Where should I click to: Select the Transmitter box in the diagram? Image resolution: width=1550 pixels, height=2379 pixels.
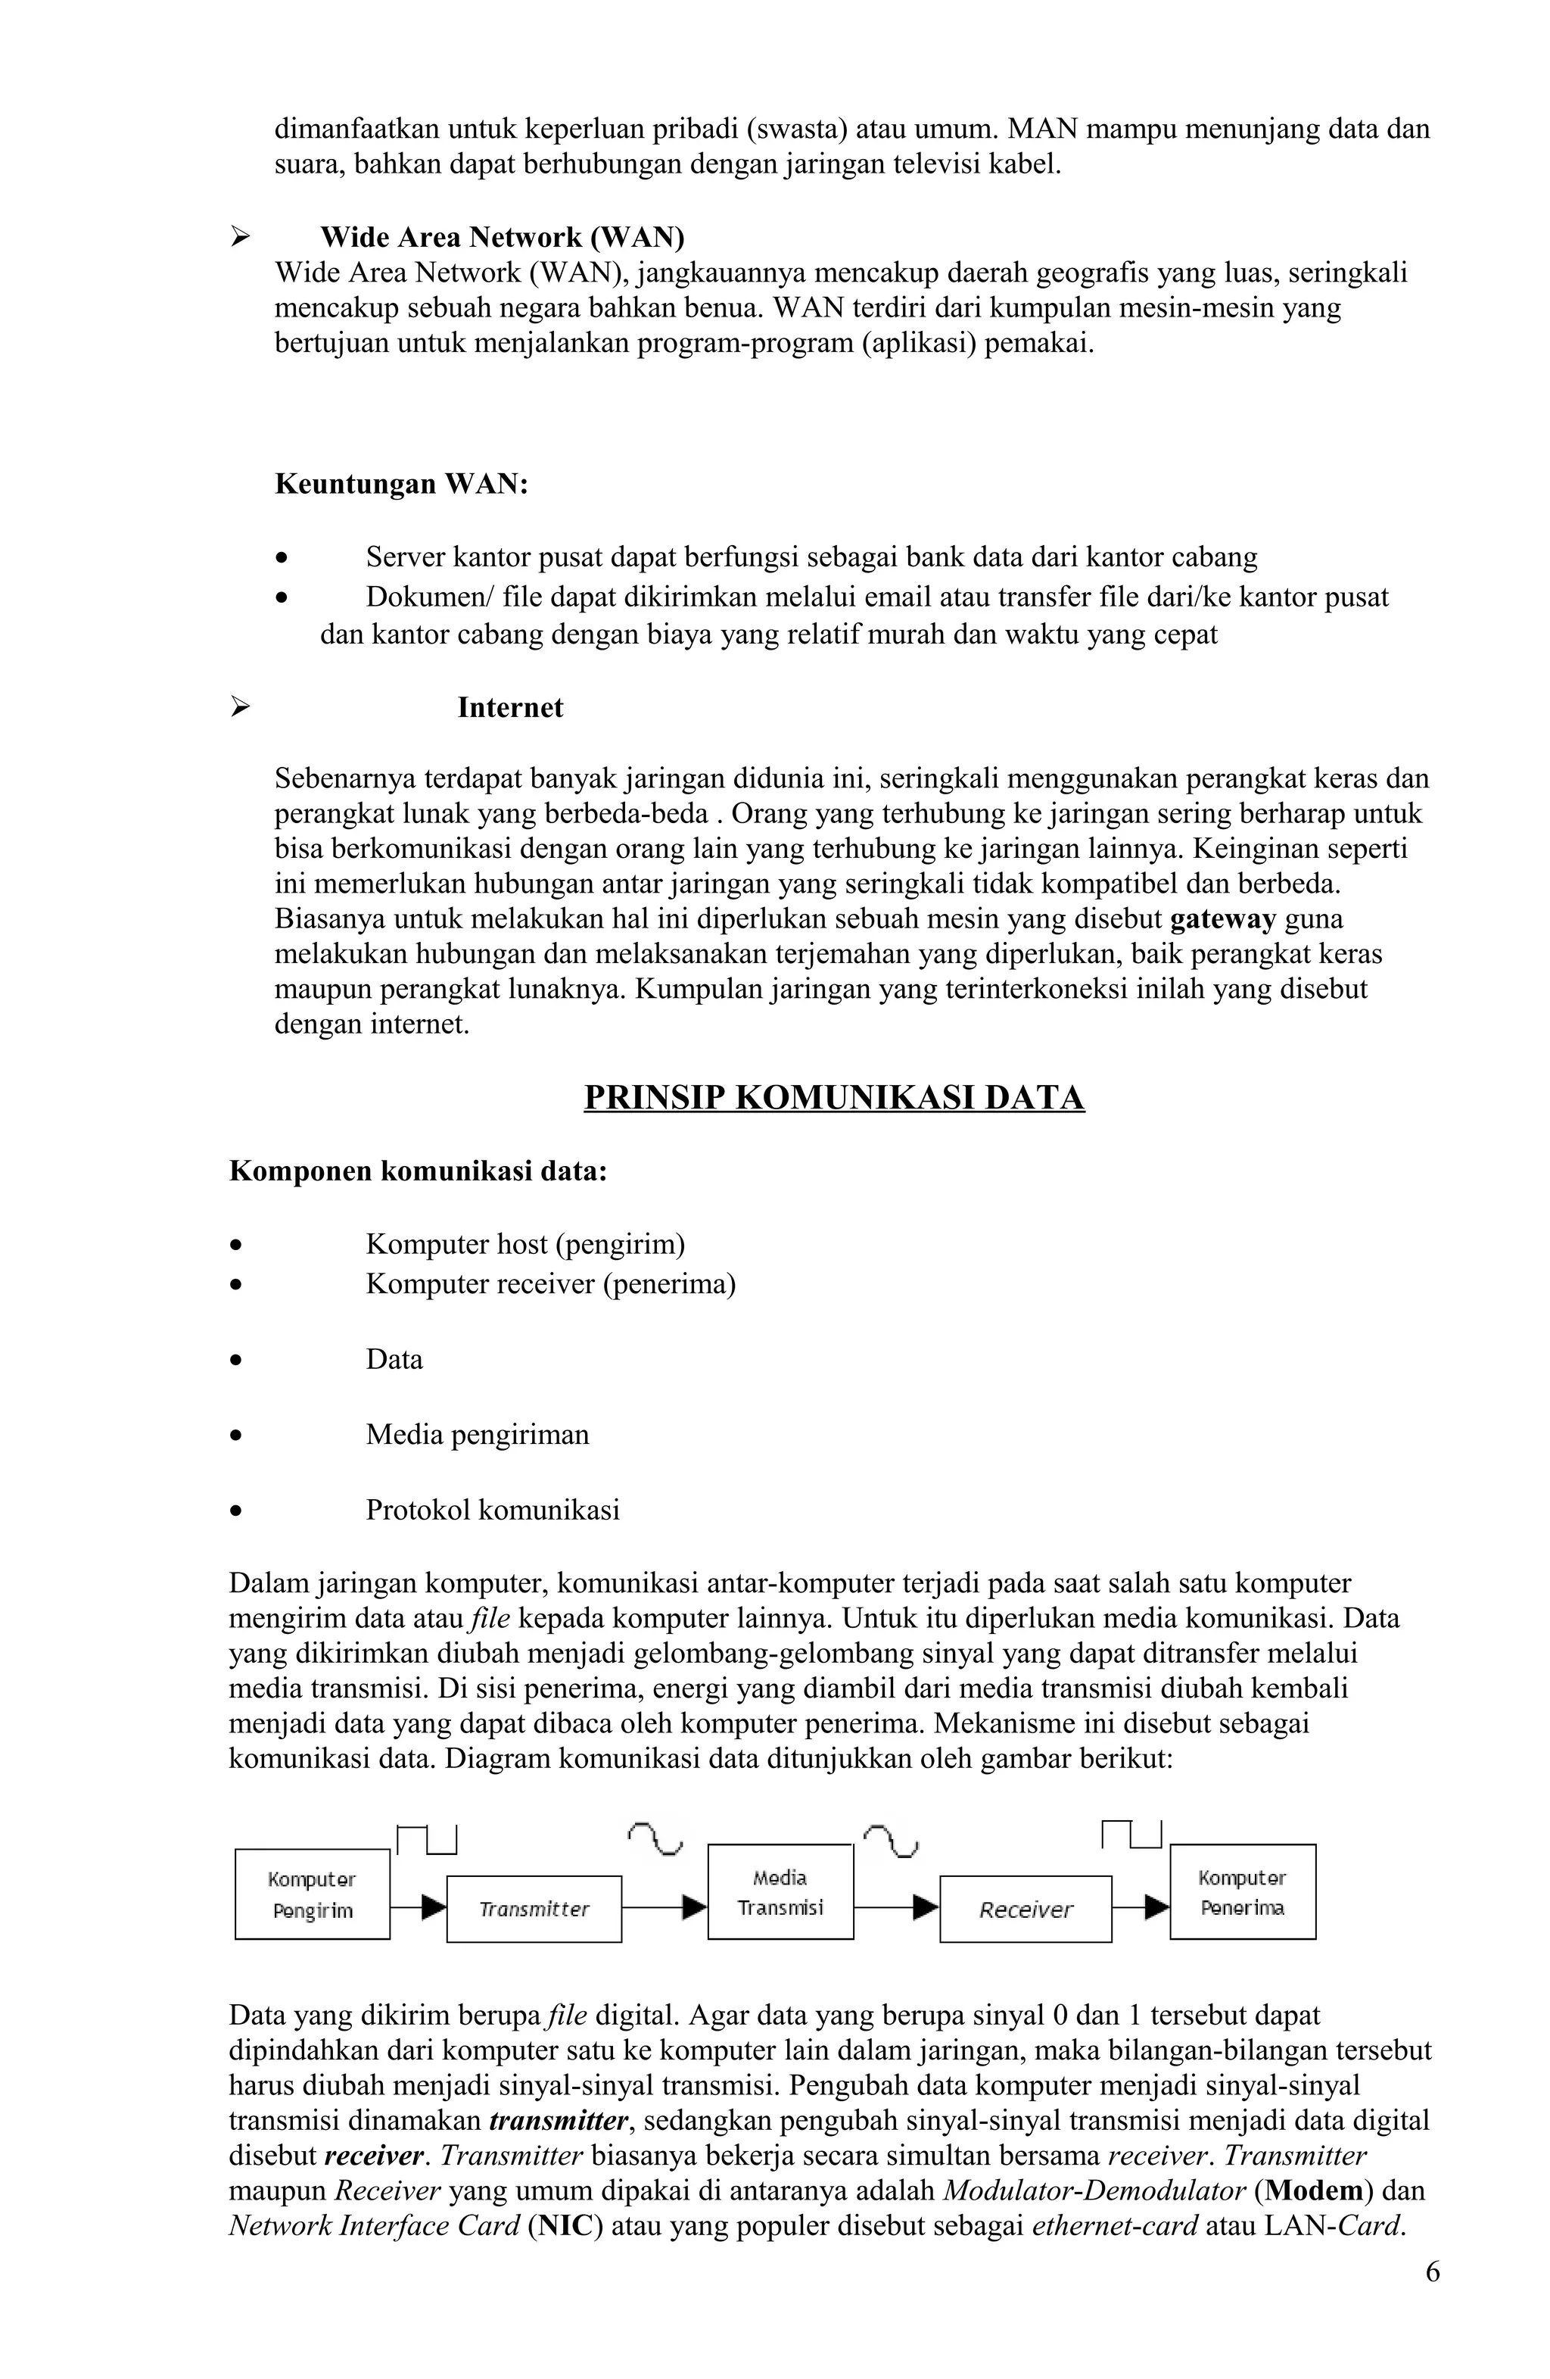534,1910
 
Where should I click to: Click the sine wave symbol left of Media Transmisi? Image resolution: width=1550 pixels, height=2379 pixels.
655,1837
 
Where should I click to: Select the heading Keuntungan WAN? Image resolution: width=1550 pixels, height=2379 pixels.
400,484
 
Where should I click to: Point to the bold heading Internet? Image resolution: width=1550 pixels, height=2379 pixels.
509,708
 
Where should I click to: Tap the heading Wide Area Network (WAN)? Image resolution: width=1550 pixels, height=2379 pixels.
502,237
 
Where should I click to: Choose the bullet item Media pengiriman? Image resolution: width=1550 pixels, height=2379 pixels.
477,1434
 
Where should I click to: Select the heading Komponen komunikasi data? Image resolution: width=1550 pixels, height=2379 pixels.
418,1171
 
